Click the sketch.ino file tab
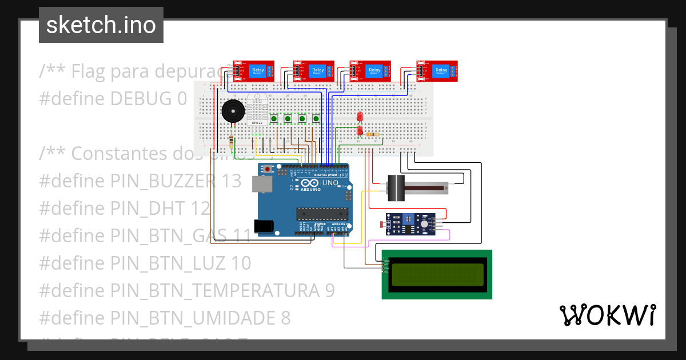coord(101,25)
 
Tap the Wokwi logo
coord(607,315)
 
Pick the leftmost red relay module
coord(254,71)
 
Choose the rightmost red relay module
coord(437,71)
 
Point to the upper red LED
coord(360,117)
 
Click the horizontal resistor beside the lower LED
coord(373,135)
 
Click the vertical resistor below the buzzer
coord(230,142)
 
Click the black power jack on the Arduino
coord(265,226)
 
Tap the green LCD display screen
coord(437,274)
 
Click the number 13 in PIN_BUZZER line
coord(231,181)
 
